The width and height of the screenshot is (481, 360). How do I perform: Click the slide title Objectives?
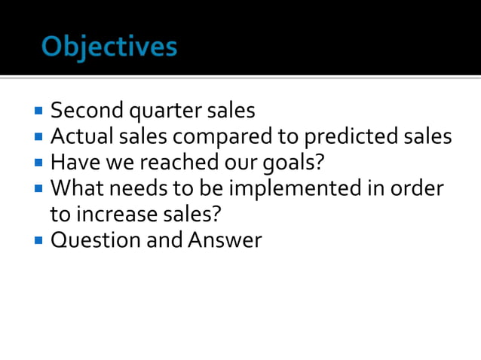click(x=110, y=47)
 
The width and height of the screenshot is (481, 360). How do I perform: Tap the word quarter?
click(x=163, y=111)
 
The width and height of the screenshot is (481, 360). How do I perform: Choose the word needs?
click(x=139, y=188)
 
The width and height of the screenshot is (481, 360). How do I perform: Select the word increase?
click(x=115, y=214)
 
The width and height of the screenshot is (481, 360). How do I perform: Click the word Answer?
click(x=225, y=240)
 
